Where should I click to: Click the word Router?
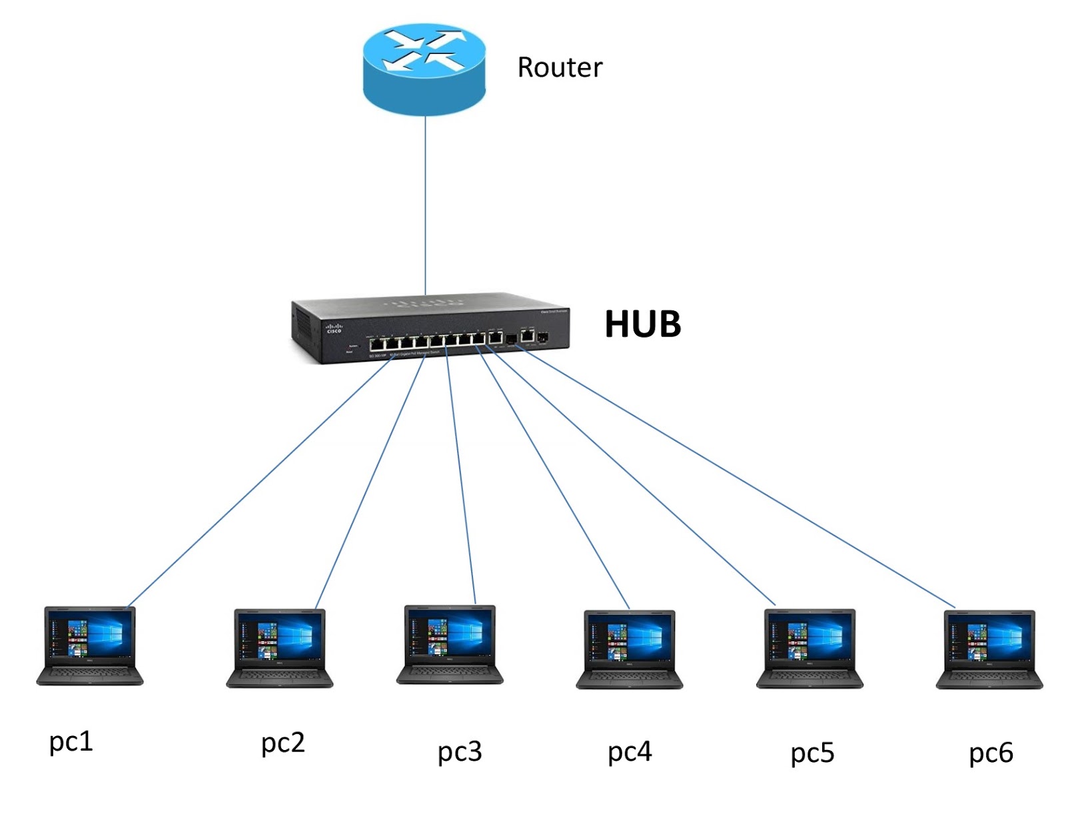tap(560, 67)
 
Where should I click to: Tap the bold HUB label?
tap(642, 324)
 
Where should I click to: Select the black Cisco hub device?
tap(430, 328)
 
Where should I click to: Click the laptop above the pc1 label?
tap(89, 645)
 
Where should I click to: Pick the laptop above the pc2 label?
tap(279, 647)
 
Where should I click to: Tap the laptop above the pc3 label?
tap(450, 644)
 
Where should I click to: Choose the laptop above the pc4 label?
tap(630, 649)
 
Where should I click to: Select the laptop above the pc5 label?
tap(809, 647)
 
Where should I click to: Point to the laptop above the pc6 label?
tap(989, 649)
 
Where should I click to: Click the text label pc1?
tap(71, 741)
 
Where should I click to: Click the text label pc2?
tap(282, 743)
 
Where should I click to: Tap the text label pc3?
tap(459, 752)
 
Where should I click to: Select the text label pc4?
tap(630, 752)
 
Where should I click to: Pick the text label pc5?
tap(812, 753)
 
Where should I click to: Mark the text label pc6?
tap(991, 753)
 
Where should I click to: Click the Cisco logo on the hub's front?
tap(333, 328)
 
